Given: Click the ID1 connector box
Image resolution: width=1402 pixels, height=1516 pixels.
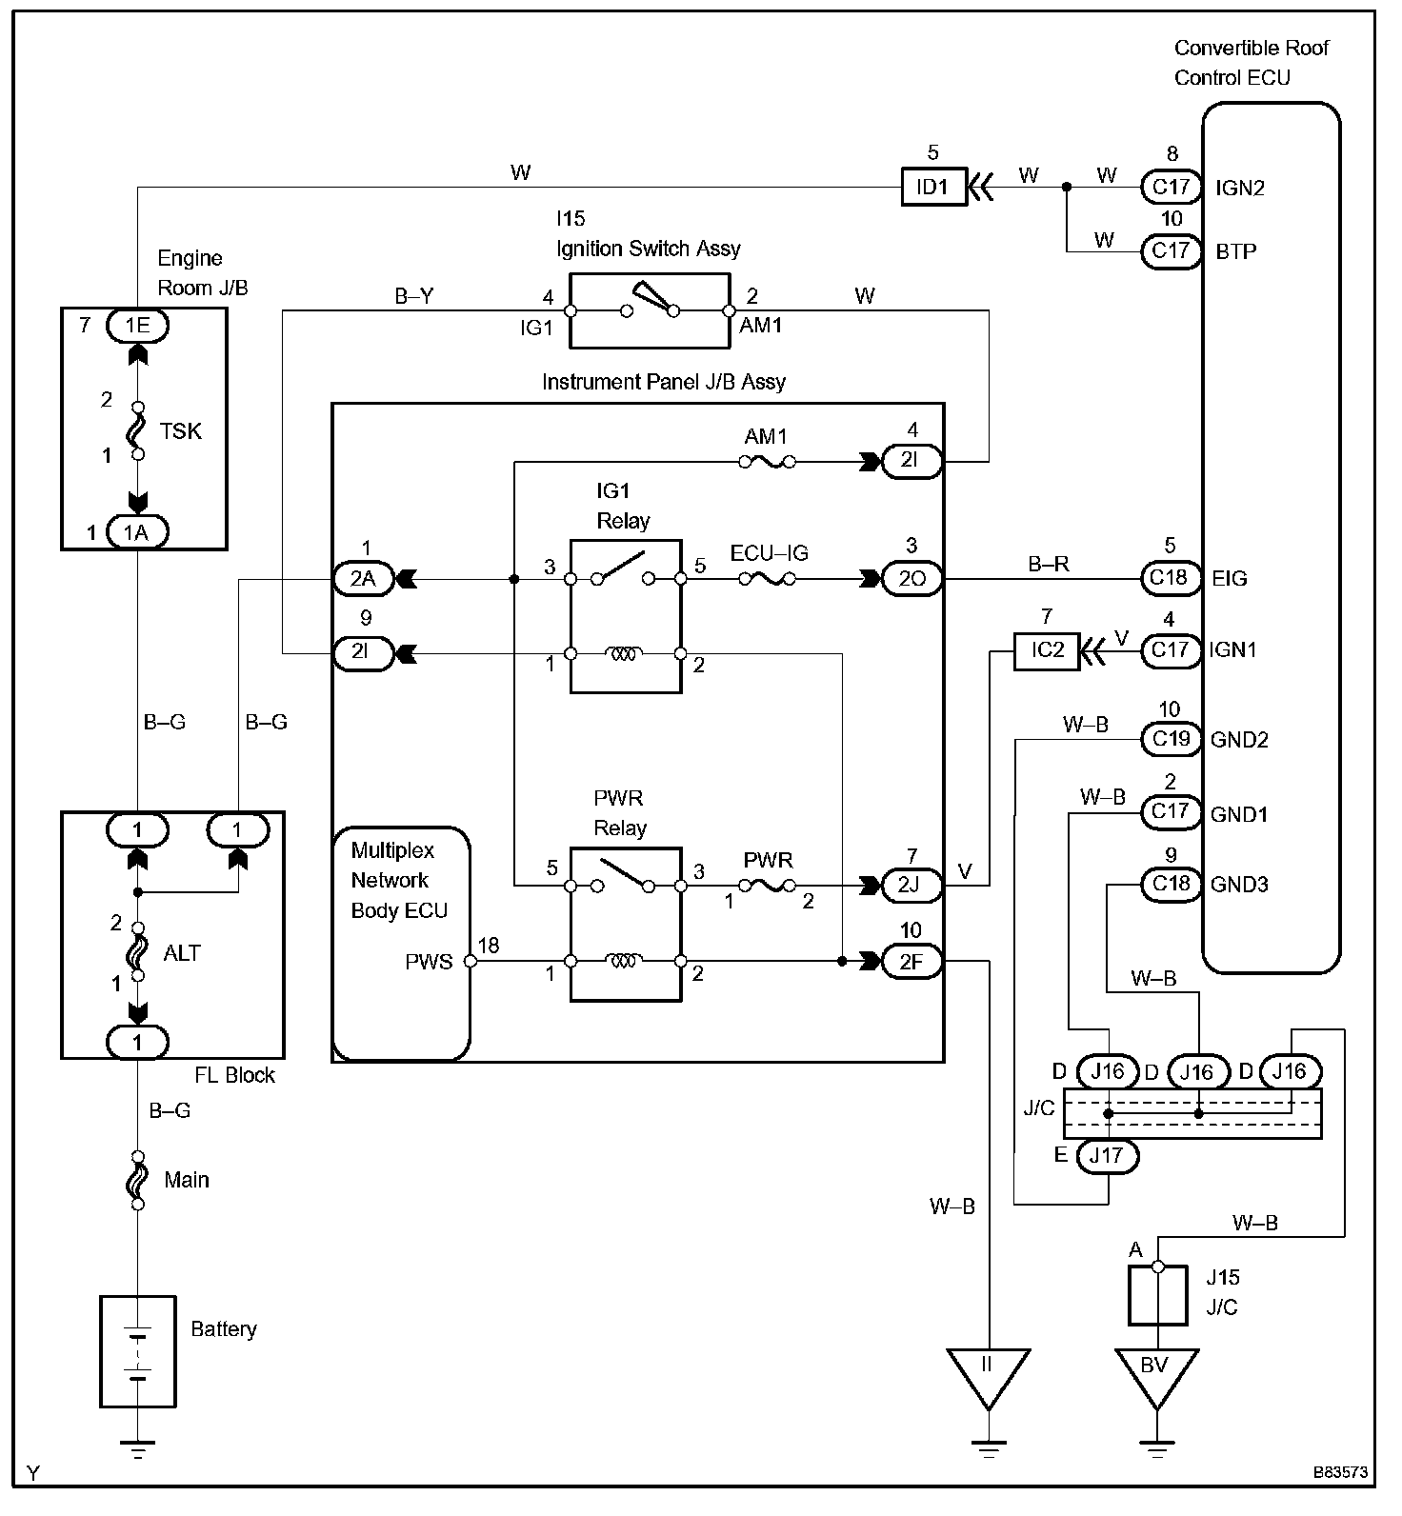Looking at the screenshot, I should [933, 188].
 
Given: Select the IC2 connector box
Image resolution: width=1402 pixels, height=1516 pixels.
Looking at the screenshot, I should [1047, 651].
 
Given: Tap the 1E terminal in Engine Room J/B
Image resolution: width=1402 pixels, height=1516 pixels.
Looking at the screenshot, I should [136, 326].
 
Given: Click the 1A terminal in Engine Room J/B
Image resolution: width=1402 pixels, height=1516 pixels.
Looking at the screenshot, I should [136, 531].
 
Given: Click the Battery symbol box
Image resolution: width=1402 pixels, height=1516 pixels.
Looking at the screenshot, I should [138, 1351].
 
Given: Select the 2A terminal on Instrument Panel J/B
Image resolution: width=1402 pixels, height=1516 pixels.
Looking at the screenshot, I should [363, 578].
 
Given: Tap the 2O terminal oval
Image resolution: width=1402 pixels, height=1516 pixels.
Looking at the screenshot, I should [911, 578].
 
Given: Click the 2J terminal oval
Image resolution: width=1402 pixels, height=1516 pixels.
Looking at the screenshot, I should [911, 885].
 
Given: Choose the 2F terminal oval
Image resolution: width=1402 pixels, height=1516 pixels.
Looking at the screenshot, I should [911, 962].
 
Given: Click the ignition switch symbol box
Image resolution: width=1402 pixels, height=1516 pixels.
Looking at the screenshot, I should [649, 310].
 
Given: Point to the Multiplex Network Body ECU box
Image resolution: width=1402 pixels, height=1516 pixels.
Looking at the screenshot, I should [401, 944].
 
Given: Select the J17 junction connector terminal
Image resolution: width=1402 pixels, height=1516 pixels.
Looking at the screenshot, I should [1108, 1156].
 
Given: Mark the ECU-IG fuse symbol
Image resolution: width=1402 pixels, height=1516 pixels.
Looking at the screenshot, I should [768, 578].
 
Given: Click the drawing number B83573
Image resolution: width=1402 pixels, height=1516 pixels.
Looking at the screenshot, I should [1341, 1498].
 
